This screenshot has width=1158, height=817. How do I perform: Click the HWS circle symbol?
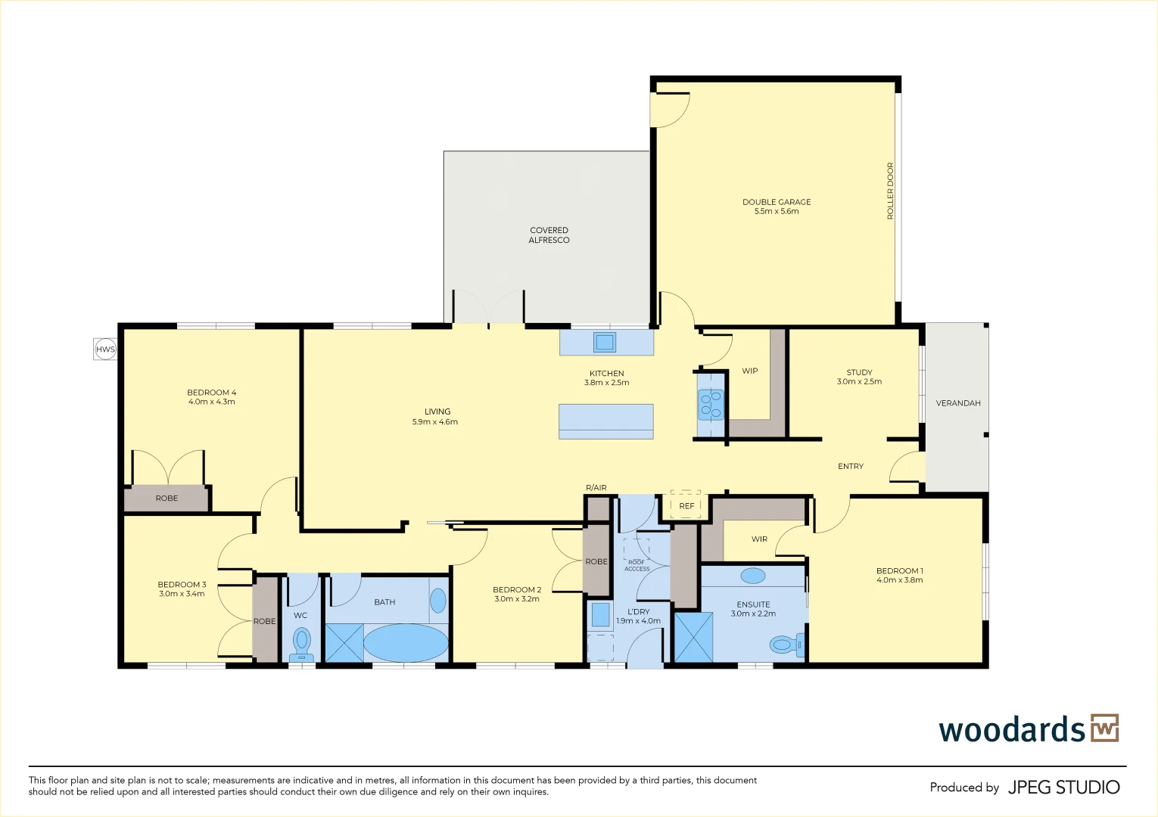click(105, 349)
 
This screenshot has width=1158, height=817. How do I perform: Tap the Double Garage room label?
click(777, 207)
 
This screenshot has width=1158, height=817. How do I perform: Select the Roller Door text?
click(890, 191)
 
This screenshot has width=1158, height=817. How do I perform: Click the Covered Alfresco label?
click(549, 235)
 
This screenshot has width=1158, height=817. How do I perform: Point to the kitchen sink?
click(604, 342)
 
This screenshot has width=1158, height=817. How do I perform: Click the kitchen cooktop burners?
click(710, 404)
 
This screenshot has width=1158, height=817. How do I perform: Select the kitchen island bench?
click(606, 421)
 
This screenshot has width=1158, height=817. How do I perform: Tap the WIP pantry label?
click(749, 371)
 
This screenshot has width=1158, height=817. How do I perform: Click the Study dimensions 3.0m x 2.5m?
click(859, 382)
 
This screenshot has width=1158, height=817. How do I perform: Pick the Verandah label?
click(958, 403)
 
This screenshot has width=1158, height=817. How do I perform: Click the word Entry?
click(851, 466)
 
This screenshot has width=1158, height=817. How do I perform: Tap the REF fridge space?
click(686, 505)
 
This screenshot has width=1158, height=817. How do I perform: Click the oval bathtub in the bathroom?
click(406, 643)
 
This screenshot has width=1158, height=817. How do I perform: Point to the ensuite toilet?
click(787, 645)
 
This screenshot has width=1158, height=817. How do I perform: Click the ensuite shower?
click(694, 637)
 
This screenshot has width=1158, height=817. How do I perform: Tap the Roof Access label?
click(637, 565)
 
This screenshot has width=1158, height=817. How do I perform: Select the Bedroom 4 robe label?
click(167, 499)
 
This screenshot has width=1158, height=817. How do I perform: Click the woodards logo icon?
click(1105, 728)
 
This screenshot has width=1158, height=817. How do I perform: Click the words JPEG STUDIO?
click(1064, 787)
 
